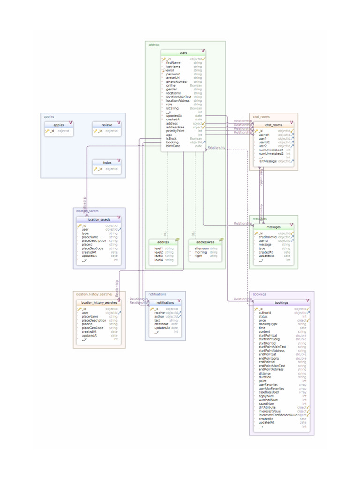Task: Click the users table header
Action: (183, 53)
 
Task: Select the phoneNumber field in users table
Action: (177, 82)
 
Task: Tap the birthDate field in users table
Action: (173, 146)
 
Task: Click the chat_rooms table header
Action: (274, 125)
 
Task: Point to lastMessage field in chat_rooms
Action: (267, 161)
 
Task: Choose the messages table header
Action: (273, 227)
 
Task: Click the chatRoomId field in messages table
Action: (268, 237)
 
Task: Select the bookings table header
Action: (281, 303)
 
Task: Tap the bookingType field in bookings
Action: (268, 324)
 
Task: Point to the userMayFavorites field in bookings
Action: (271, 389)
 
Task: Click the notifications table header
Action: (165, 303)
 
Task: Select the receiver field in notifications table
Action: (160, 313)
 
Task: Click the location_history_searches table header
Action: (99, 303)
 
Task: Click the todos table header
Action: (106, 163)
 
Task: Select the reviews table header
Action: (106, 125)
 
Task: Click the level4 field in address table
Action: (158, 259)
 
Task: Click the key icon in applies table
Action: (47, 131)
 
